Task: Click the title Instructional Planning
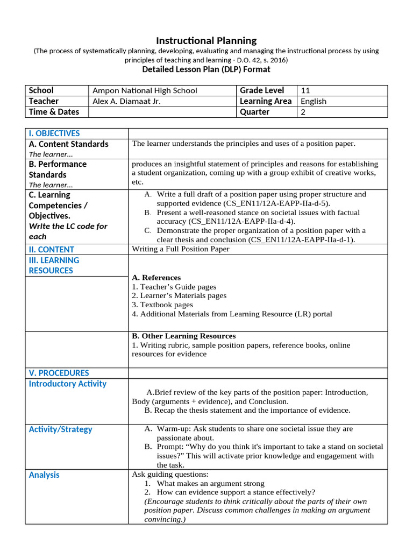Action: point(206,41)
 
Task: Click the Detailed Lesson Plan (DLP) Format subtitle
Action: point(206,69)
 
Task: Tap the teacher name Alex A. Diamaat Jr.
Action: point(127,101)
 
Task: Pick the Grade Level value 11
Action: point(305,90)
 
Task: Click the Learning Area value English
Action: point(314,101)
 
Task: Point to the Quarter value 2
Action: point(303,112)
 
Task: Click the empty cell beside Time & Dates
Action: point(161,112)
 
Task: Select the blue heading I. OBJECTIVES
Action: point(54,133)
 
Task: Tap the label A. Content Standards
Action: point(68,144)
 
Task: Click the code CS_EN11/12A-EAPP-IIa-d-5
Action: point(282,203)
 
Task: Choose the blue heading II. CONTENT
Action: point(52,250)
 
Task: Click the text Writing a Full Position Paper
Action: point(181,249)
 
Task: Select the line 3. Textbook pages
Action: point(162,305)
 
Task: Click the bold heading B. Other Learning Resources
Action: point(184,336)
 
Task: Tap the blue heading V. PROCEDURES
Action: point(59,373)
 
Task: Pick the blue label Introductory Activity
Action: point(68,384)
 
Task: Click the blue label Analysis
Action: point(44,475)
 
